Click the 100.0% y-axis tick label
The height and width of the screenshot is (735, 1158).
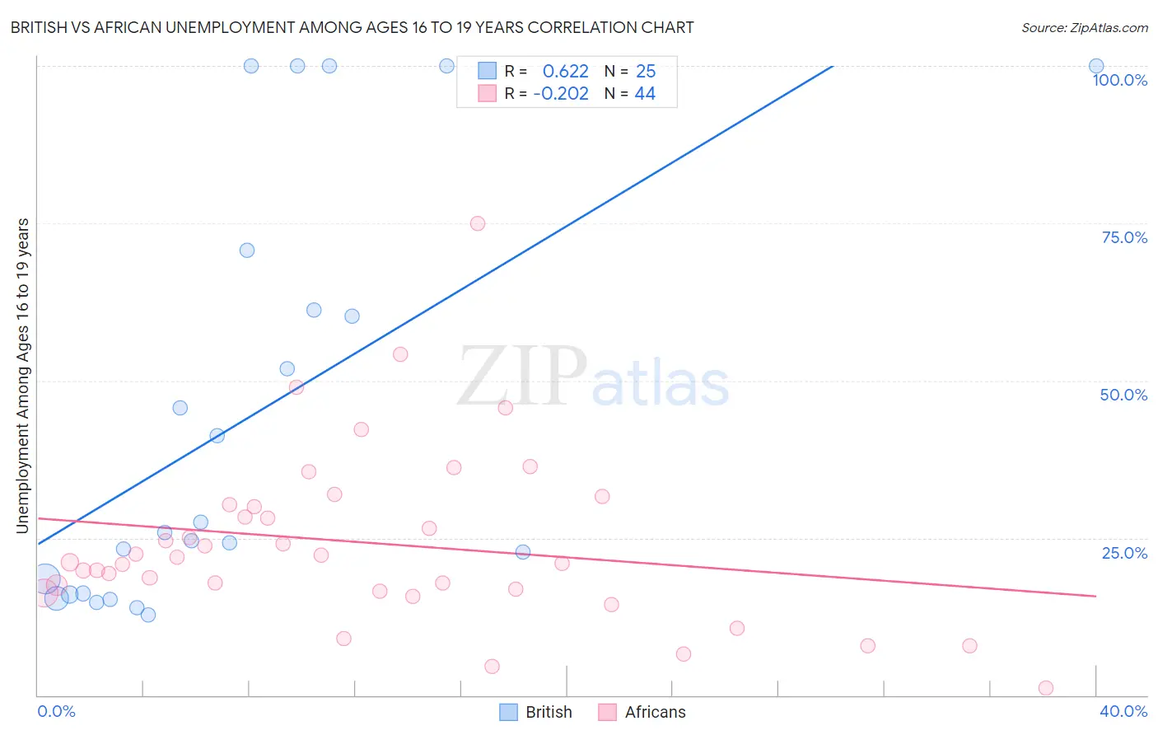pyautogui.click(x=1119, y=80)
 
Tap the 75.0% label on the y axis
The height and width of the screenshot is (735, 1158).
pyautogui.click(x=1124, y=237)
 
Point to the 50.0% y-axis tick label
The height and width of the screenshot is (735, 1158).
pyautogui.click(x=1123, y=395)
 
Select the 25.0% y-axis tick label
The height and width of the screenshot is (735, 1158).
pyautogui.click(x=1124, y=553)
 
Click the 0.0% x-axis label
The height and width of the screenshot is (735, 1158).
pyautogui.click(x=56, y=711)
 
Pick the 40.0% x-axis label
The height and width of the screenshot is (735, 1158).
pyautogui.click(x=1123, y=711)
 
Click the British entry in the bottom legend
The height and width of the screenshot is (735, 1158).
pyautogui.click(x=548, y=712)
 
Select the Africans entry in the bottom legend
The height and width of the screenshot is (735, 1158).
pyautogui.click(x=655, y=712)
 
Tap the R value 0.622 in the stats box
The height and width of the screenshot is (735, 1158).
pyautogui.click(x=566, y=72)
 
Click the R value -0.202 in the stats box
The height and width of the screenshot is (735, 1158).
pyautogui.click(x=561, y=94)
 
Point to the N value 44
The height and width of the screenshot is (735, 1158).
pyautogui.click(x=645, y=94)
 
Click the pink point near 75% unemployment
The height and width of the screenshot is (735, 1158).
pyautogui.click(x=478, y=223)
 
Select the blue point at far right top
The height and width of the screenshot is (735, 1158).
pyautogui.click(x=1096, y=66)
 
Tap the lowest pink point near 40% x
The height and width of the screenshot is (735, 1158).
pyautogui.click(x=1046, y=688)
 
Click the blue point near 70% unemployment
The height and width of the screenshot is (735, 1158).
pyautogui.click(x=247, y=250)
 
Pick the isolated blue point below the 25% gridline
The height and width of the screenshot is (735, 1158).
pyautogui.click(x=523, y=552)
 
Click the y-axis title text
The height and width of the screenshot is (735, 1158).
pyautogui.click(x=23, y=376)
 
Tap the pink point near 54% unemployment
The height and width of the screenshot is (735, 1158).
pyautogui.click(x=400, y=354)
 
